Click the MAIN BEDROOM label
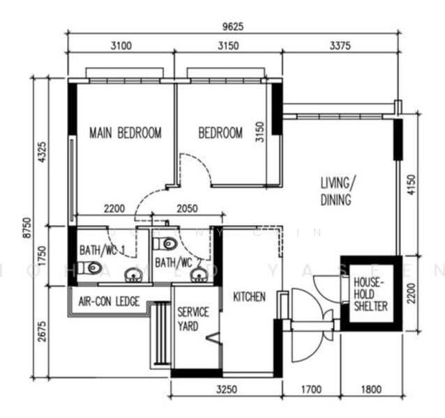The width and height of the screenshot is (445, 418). click(x=126, y=132)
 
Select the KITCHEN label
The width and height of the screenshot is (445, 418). click(x=249, y=297)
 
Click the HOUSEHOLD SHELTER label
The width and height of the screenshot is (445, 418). click(x=370, y=293)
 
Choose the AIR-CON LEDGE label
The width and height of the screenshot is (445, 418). click(x=109, y=302)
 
